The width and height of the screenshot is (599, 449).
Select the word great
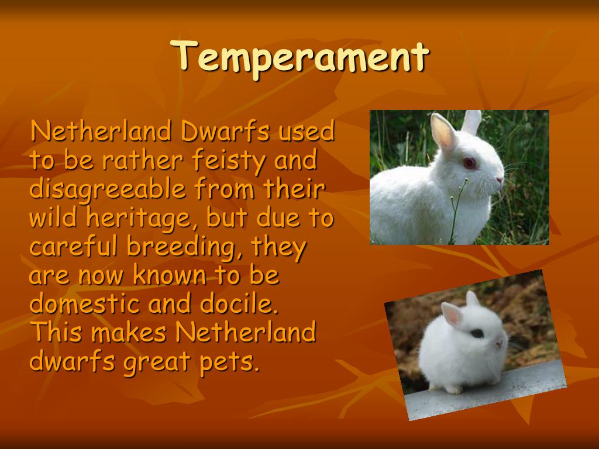coord(156,362)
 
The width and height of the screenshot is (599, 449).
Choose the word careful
coord(74,247)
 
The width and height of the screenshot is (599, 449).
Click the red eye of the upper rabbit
coord(469,163)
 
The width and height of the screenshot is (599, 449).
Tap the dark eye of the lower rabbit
coord(477,333)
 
